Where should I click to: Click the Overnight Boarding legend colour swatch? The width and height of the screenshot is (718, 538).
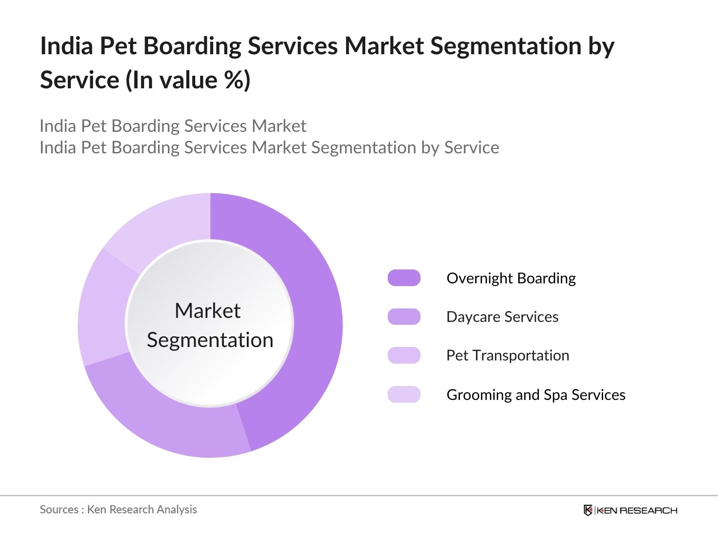(x=404, y=278)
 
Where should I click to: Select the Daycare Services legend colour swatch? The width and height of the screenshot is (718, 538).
(x=404, y=317)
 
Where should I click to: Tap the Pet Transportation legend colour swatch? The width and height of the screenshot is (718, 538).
(x=404, y=356)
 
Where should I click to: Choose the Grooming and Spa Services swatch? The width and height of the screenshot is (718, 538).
(x=404, y=395)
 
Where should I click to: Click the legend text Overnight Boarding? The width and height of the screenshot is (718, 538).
(x=511, y=278)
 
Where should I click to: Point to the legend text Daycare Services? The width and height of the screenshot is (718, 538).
(x=502, y=317)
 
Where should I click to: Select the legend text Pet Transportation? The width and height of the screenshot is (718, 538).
(x=508, y=356)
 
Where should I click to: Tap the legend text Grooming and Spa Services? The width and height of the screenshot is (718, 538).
(x=536, y=395)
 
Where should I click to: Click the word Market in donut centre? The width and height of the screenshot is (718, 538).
(x=207, y=311)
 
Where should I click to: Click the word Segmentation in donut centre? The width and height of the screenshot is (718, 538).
(x=210, y=340)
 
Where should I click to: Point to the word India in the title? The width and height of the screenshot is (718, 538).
(x=66, y=46)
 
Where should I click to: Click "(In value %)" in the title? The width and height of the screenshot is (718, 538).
(x=188, y=80)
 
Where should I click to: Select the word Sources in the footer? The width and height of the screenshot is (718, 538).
(x=59, y=510)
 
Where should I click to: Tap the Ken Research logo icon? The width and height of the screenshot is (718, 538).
(x=588, y=510)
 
